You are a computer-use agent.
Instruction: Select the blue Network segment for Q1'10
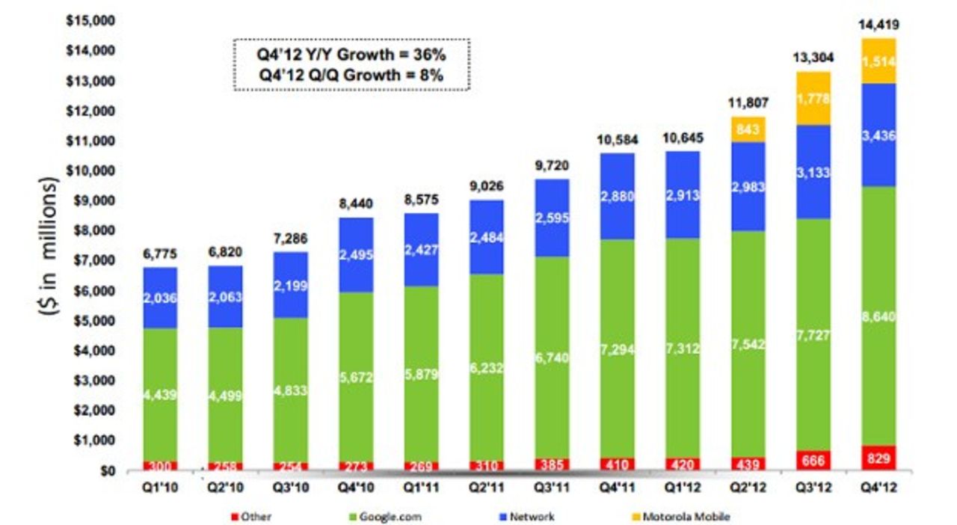160,298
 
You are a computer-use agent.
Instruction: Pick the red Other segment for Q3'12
813,460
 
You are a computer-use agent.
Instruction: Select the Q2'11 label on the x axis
486,487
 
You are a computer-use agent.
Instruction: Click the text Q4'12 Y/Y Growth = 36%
352,55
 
